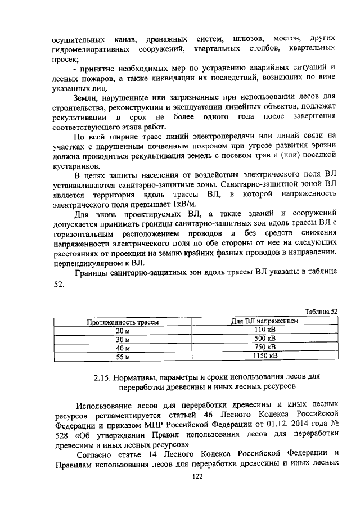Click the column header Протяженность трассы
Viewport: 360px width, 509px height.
(x=122, y=322)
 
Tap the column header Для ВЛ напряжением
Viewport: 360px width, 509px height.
(x=264, y=321)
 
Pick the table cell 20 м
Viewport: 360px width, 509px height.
(x=123, y=331)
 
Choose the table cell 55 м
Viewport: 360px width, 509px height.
(x=123, y=357)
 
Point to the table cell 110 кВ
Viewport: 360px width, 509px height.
(x=264, y=330)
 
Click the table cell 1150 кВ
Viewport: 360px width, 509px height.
(x=264, y=356)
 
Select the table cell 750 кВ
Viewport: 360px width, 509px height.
(x=264, y=348)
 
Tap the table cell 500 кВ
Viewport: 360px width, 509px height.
(x=264, y=339)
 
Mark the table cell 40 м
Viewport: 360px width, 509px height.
(x=123, y=348)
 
